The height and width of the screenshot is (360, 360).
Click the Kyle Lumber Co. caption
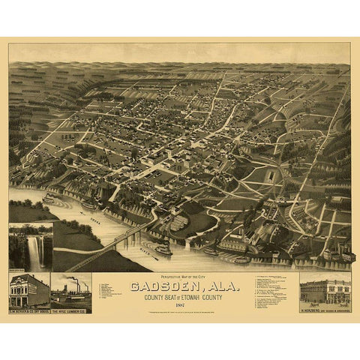[71, 309]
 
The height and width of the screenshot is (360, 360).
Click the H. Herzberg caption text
[325, 309]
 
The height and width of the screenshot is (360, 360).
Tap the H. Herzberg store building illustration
[325, 289]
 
